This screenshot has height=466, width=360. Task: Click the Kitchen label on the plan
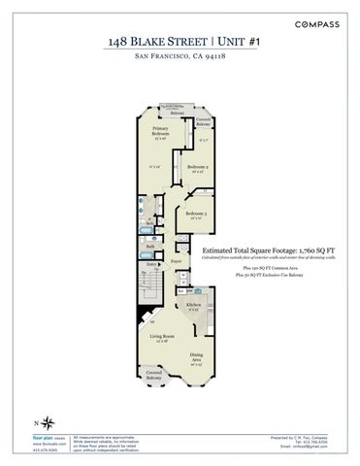point(193,305)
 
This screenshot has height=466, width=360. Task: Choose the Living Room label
point(162,337)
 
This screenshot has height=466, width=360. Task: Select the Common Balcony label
point(203,121)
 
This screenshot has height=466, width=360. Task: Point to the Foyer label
point(177,262)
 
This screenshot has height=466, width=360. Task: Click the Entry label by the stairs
point(151,264)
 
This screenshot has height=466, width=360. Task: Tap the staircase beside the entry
point(147,286)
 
